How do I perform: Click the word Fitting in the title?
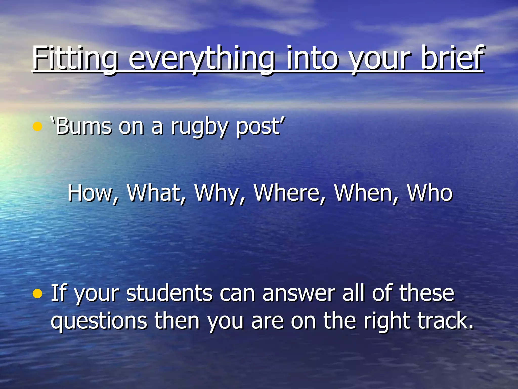75,59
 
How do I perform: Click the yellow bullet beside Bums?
37,127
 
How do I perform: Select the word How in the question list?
90,193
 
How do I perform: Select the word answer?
298,294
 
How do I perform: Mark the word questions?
99,321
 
